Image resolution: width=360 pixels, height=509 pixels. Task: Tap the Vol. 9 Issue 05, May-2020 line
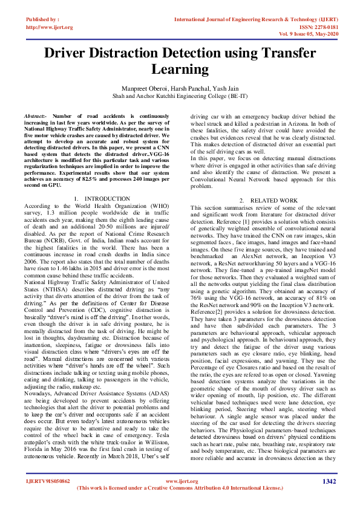click(x=306, y=35)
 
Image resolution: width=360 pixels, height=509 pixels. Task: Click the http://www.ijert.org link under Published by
click(x=50, y=27)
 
